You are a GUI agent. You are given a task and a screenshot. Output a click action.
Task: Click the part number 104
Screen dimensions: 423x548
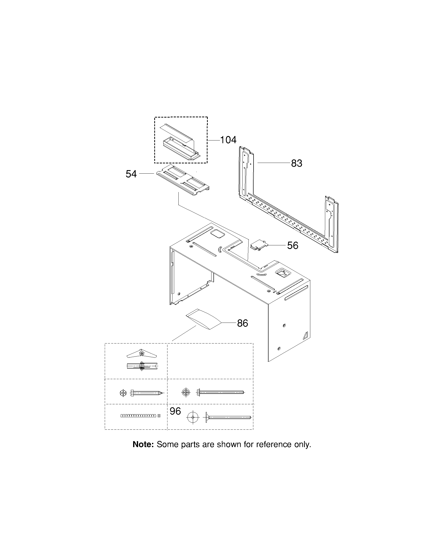click(x=228, y=140)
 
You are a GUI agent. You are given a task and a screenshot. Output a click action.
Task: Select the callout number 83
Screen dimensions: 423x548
click(x=297, y=163)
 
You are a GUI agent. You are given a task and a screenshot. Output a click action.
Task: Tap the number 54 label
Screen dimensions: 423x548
click(x=131, y=174)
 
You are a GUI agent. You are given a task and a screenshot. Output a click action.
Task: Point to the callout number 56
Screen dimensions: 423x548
click(x=293, y=245)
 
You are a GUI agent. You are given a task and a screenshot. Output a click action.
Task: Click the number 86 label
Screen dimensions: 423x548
click(x=243, y=323)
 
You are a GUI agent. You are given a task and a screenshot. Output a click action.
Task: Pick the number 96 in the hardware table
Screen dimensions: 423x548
click(x=175, y=411)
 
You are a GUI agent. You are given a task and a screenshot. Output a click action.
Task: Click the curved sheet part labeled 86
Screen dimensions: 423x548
click(x=204, y=319)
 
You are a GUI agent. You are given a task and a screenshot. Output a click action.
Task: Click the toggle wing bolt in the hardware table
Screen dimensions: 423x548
click(x=142, y=359)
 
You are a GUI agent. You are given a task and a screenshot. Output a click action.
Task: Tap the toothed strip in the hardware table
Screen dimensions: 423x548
click(x=140, y=416)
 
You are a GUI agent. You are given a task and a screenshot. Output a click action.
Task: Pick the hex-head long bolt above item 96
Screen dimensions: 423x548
click(x=220, y=392)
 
